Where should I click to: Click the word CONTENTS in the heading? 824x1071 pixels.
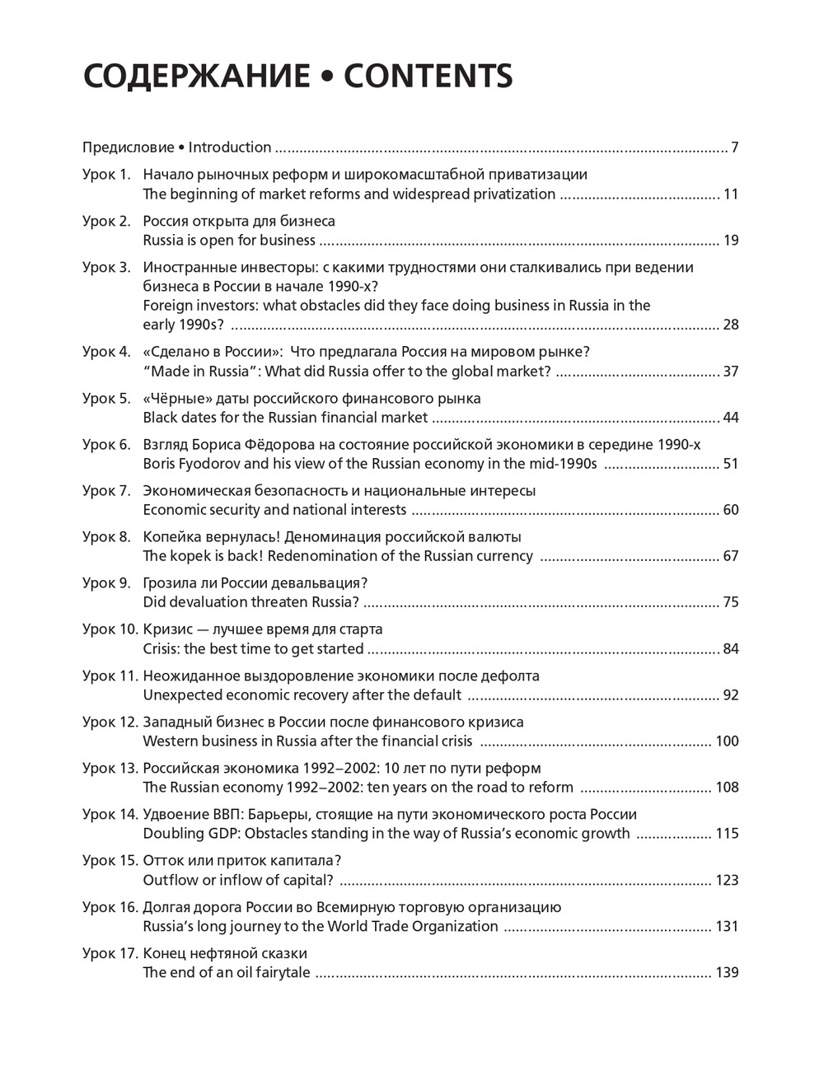coord(428,76)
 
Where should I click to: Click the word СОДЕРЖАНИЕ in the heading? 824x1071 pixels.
coord(197,76)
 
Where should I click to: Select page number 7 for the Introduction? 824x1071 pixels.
coord(734,148)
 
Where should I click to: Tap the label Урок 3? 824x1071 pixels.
coord(106,267)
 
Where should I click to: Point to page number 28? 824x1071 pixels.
coord(731,325)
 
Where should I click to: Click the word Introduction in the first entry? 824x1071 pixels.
coord(230,148)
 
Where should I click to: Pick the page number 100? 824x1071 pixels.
coord(728,741)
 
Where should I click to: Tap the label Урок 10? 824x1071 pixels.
coord(110,629)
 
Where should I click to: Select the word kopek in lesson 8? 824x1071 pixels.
coord(190,556)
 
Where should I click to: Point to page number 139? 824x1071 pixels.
coord(728,973)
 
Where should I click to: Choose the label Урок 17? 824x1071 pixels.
coord(110,954)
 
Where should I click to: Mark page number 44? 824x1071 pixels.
coord(731,418)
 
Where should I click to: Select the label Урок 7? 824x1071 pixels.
coord(106,491)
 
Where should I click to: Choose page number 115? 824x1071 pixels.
coord(728,834)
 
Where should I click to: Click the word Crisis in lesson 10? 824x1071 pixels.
coord(162,649)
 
